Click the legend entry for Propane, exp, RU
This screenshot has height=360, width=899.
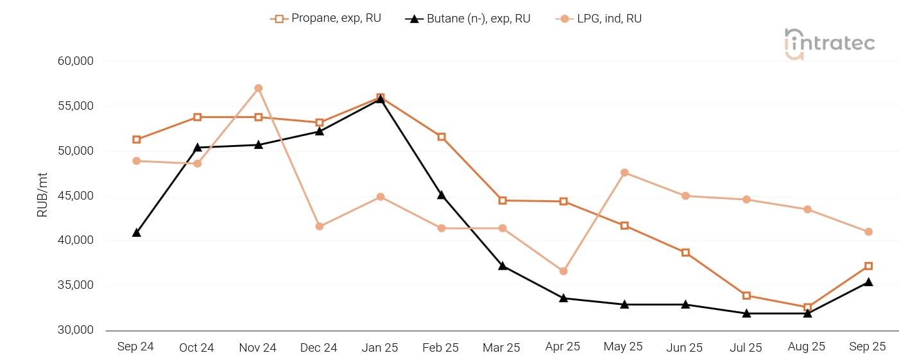pyautogui.click(x=326, y=19)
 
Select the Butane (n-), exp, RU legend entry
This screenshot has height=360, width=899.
pyautogui.click(x=468, y=19)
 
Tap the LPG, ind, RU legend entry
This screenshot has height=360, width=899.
pyautogui.click(x=599, y=19)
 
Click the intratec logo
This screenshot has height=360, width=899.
pyautogui.click(x=829, y=44)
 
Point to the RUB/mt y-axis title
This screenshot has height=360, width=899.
pyautogui.click(x=42, y=195)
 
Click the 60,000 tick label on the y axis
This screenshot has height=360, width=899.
pyautogui.click(x=76, y=61)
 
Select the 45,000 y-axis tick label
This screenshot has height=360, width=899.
pyautogui.click(x=76, y=196)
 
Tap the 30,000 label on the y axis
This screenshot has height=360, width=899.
pyautogui.click(x=76, y=330)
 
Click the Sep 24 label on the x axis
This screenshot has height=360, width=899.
pyautogui.click(x=135, y=347)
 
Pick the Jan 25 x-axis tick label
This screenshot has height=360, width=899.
pyautogui.click(x=380, y=348)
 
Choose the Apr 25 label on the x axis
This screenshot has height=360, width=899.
pyautogui.click(x=563, y=347)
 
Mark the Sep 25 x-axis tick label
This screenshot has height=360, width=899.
pyautogui.click(x=868, y=347)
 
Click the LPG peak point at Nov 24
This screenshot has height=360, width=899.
pyautogui.click(x=258, y=88)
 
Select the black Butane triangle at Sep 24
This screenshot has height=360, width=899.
pyautogui.click(x=137, y=232)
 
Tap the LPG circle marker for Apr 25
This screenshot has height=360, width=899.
pyautogui.click(x=563, y=271)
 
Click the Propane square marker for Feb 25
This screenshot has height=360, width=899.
pyautogui.click(x=441, y=137)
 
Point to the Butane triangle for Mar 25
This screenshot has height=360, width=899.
pyautogui.click(x=502, y=266)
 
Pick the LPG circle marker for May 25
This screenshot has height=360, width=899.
pyautogui.click(x=624, y=173)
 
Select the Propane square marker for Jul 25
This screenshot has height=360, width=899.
pyautogui.click(x=746, y=296)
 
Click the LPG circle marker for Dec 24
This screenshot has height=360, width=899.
pyautogui.click(x=320, y=226)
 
